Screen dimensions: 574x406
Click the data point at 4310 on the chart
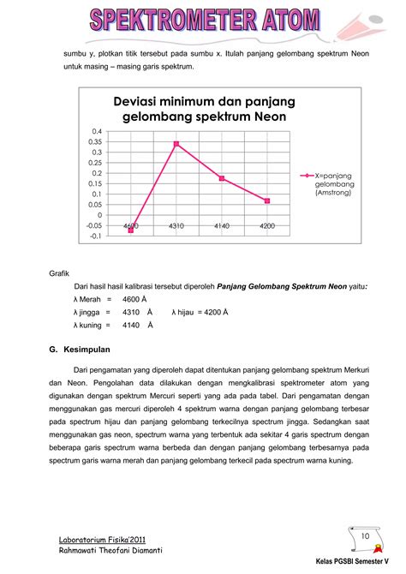click(176, 143)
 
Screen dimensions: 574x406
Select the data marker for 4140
click(222, 178)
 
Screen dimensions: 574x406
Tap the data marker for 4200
click(267, 200)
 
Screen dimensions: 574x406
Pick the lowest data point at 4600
click(131, 230)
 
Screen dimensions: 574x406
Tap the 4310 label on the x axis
click(176, 224)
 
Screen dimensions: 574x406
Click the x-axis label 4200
click(267, 224)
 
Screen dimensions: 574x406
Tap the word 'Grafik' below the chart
click(59, 273)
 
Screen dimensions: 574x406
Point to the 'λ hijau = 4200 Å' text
click(200, 312)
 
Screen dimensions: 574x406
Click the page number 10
click(365, 536)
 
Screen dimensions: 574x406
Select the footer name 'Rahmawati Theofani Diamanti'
click(110, 550)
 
